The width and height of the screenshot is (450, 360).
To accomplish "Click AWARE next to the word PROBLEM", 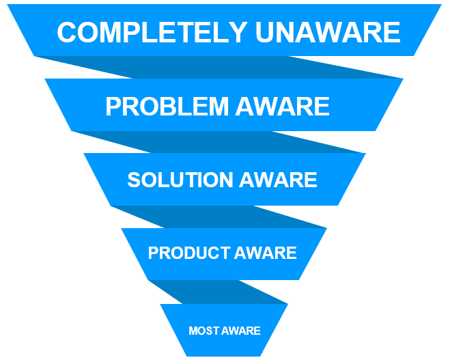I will pos(283,107).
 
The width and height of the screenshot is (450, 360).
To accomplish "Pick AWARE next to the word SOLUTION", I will pos(279,180).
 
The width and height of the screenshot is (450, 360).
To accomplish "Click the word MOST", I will pos(203,331).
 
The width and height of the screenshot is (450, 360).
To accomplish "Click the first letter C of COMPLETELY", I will pos(66,32).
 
